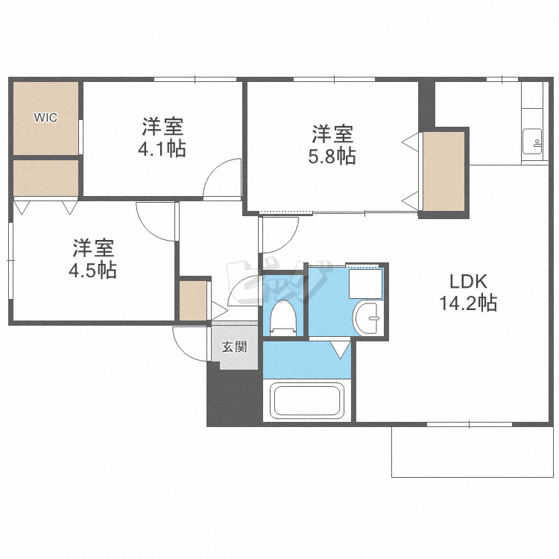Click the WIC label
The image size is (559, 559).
click(x=45, y=117)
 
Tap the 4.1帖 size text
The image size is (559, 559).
click(x=162, y=148)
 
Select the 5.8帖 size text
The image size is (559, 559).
click(x=332, y=156)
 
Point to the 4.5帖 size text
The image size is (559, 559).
click(x=92, y=270)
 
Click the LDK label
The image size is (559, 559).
click(x=468, y=282)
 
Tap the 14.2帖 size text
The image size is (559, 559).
click(x=468, y=303)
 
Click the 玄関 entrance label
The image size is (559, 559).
click(x=234, y=347)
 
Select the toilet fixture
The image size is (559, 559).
click(x=283, y=318)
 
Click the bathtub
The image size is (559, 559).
click(x=306, y=400)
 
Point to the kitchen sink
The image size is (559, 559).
click(x=532, y=142)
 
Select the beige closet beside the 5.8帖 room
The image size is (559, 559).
click(x=444, y=171)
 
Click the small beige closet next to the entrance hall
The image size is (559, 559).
click(x=193, y=301)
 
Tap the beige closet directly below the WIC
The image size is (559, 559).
click(x=46, y=178)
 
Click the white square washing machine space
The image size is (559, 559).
click(x=365, y=284)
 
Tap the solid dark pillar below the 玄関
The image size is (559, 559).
click(x=234, y=397)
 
